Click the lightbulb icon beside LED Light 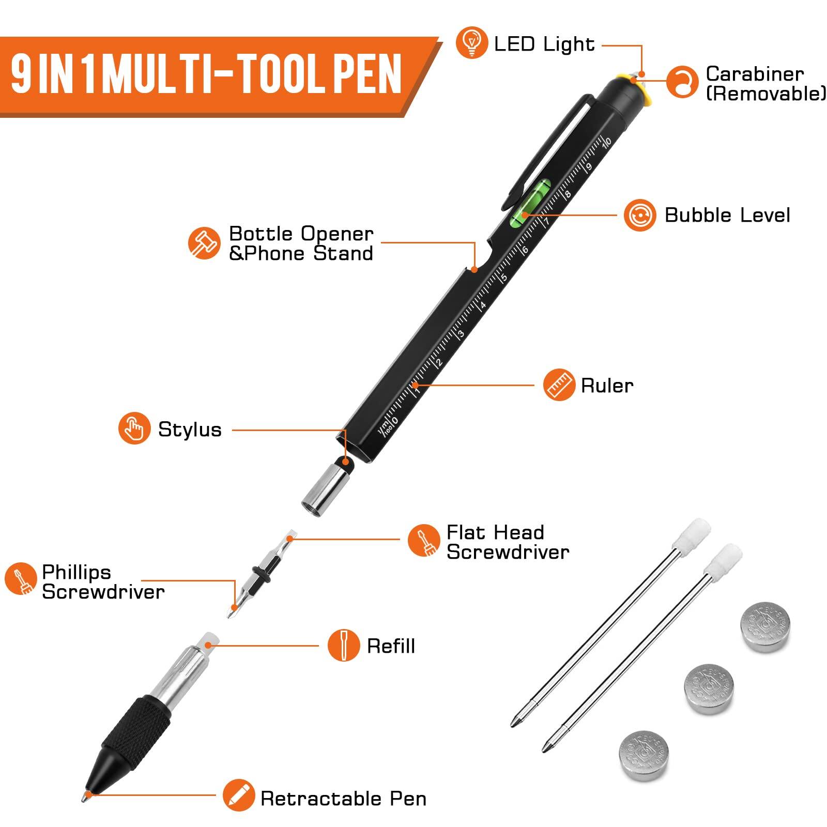coord(471,43)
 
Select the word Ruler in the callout coord(607,386)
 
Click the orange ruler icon coord(559,385)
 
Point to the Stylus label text coord(190,430)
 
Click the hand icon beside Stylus coord(134,428)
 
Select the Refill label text coord(391,646)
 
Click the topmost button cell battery coord(765,626)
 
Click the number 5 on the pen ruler coord(504,278)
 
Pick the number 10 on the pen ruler coord(607,141)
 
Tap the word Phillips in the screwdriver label coord(76,573)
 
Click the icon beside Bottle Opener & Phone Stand coord(204,242)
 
